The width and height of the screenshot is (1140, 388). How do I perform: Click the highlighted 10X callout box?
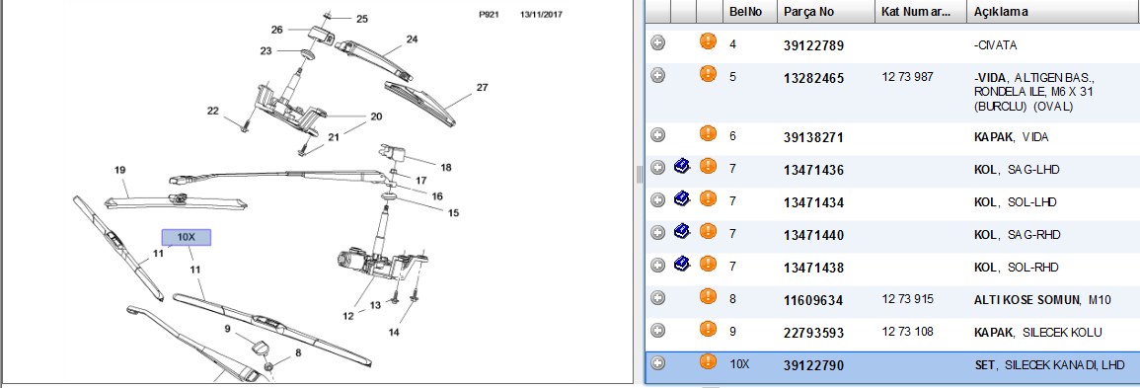(187, 238)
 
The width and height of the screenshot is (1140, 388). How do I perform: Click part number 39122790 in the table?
(813, 365)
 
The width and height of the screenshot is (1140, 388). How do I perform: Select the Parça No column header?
(809, 13)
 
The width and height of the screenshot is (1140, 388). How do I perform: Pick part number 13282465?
(813, 78)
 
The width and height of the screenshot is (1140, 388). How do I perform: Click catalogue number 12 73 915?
(907, 299)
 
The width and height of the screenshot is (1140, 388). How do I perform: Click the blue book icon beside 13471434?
(681, 198)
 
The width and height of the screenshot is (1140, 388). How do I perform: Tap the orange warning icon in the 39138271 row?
(708, 133)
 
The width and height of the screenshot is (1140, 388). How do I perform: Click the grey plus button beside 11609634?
(658, 298)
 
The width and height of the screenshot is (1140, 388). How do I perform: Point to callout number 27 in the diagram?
(482, 88)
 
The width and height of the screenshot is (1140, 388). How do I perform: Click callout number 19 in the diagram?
(120, 170)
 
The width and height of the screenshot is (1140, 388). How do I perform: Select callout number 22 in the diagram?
(212, 112)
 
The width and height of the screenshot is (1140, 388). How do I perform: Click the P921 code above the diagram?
(489, 14)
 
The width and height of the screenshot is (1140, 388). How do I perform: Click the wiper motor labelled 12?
(368, 262)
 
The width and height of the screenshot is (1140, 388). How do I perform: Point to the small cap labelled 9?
(258, 346)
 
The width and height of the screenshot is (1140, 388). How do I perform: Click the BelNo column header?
(746, 13)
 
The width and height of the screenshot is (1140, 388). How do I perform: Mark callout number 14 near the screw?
(394, 333)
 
